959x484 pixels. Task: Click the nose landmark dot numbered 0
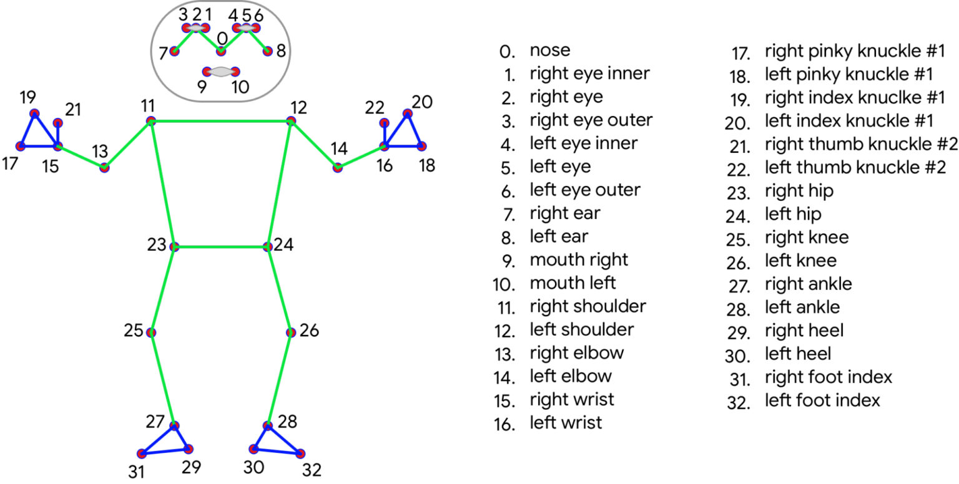[221, 51]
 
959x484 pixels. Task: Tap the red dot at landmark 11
[150, 121]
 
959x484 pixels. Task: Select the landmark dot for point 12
[291, 121]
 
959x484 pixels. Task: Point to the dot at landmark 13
[104, 168]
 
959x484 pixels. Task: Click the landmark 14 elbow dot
[338, 168]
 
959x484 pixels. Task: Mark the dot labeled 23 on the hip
[175, 247]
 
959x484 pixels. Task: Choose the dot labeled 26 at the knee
[291, 332]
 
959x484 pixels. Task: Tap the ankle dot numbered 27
[174, 426]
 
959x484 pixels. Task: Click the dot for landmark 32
[302, 453]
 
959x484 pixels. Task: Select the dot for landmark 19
[34, 114]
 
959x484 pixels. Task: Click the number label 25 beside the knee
[134, 331]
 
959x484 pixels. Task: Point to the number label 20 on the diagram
[423, 102]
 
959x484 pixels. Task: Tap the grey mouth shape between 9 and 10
[221, 72]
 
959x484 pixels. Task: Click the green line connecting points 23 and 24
[222, 247]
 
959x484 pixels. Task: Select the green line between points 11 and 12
[221, 121]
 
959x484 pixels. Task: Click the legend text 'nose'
[549, 51]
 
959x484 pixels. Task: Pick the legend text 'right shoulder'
[588, 306]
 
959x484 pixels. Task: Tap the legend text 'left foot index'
[822, 400]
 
